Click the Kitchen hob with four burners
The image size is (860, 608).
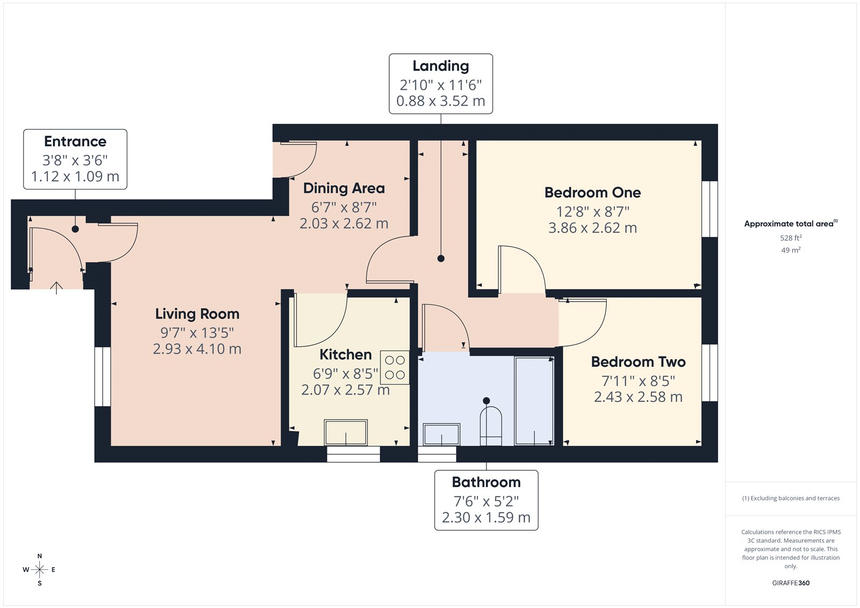click(395, 367)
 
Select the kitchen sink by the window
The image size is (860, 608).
click(346, 433)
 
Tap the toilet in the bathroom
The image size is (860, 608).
click(490, 425)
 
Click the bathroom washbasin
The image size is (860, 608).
click(441, 434)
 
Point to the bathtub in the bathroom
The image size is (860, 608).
click(534, 400)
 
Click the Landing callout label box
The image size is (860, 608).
click(441, 84)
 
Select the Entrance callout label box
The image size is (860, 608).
click(75, 159)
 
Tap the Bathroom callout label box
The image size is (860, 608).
click(486, 500)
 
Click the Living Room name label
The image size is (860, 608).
click(197, 314)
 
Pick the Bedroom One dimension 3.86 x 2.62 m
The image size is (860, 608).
click(592, 228)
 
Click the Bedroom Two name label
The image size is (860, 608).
click(638, 362)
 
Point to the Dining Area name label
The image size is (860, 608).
click(344, 188)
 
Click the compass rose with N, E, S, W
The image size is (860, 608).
click(39, 569)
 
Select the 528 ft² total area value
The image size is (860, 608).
click(791, 238)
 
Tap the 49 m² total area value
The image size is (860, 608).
click(791, 250)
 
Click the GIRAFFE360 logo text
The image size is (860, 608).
click(791, 583)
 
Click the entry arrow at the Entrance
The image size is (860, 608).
click(56, 288)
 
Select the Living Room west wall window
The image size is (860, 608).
click(103, 376)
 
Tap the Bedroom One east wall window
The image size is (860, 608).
click(709, 209)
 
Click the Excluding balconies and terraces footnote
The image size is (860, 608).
click(791, 498)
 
